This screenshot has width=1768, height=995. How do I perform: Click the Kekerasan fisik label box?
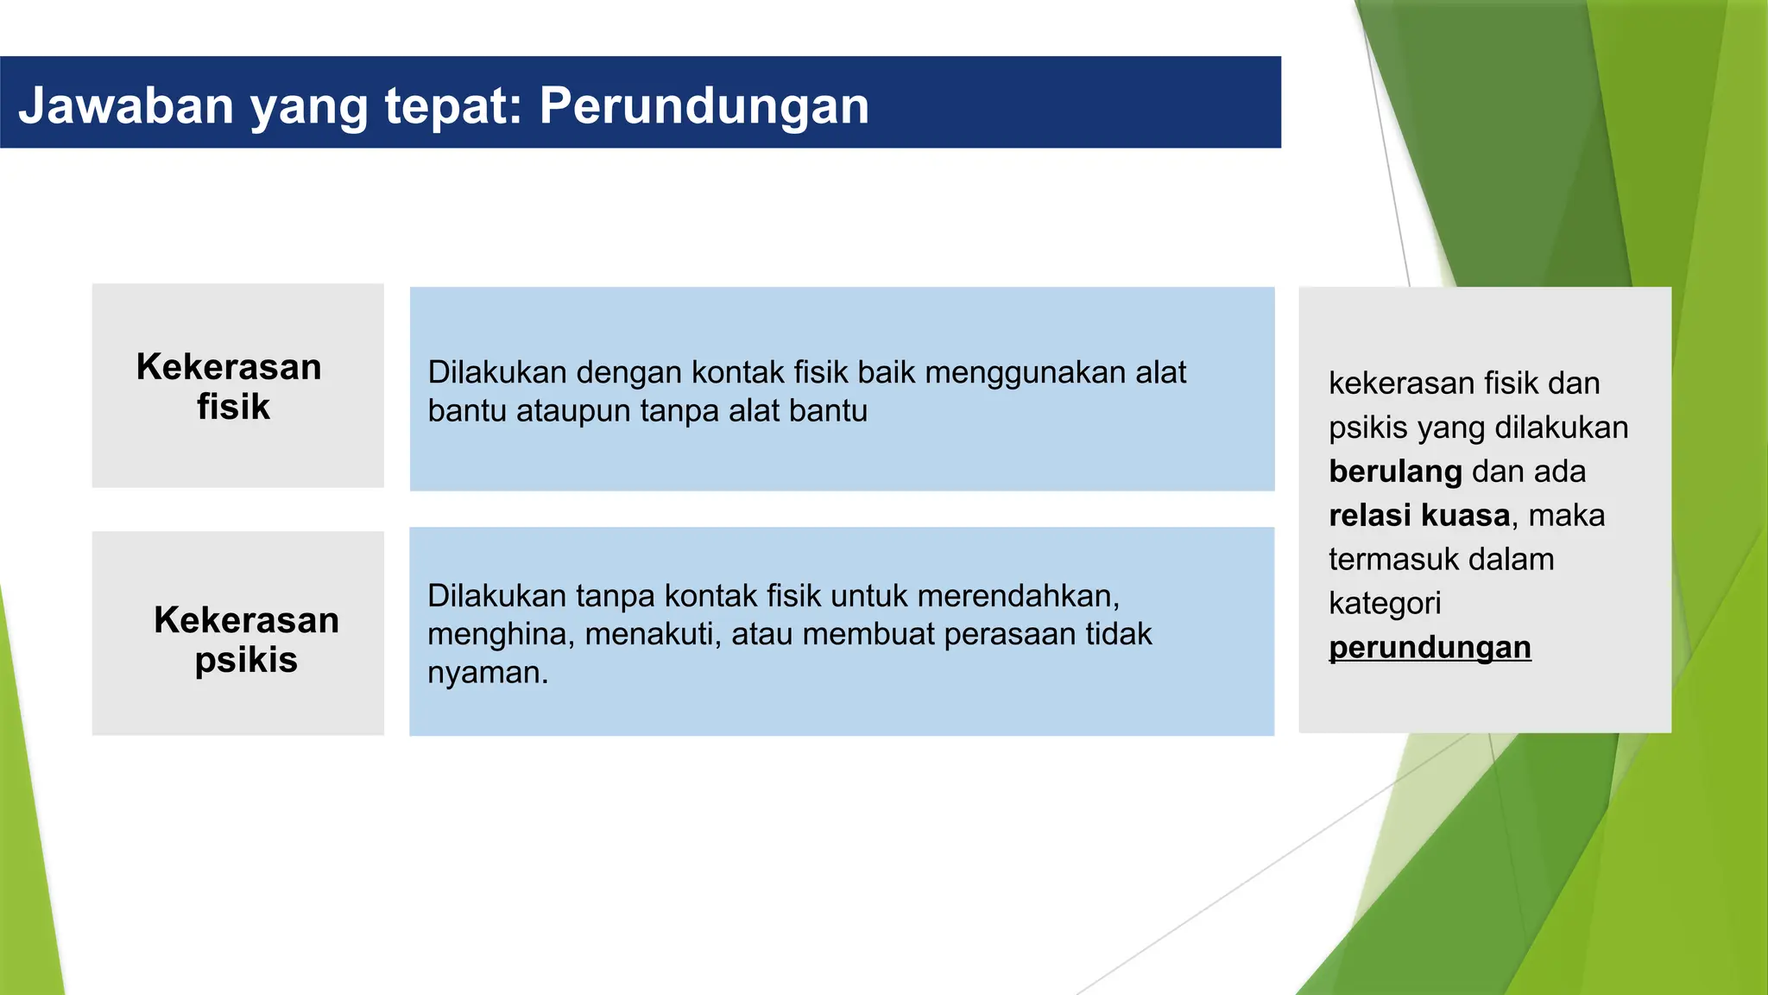point(237,386)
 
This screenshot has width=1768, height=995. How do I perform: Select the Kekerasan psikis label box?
point(237,633)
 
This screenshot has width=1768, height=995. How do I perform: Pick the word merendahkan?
point(1018,596)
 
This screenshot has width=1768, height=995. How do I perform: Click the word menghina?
point(501,635)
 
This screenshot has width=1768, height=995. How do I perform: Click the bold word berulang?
point(1395,472)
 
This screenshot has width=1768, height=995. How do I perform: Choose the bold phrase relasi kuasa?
point(1419,516)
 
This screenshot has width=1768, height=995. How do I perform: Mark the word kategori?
point(1385,604)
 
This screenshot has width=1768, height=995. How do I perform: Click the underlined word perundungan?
point(1430,648)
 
